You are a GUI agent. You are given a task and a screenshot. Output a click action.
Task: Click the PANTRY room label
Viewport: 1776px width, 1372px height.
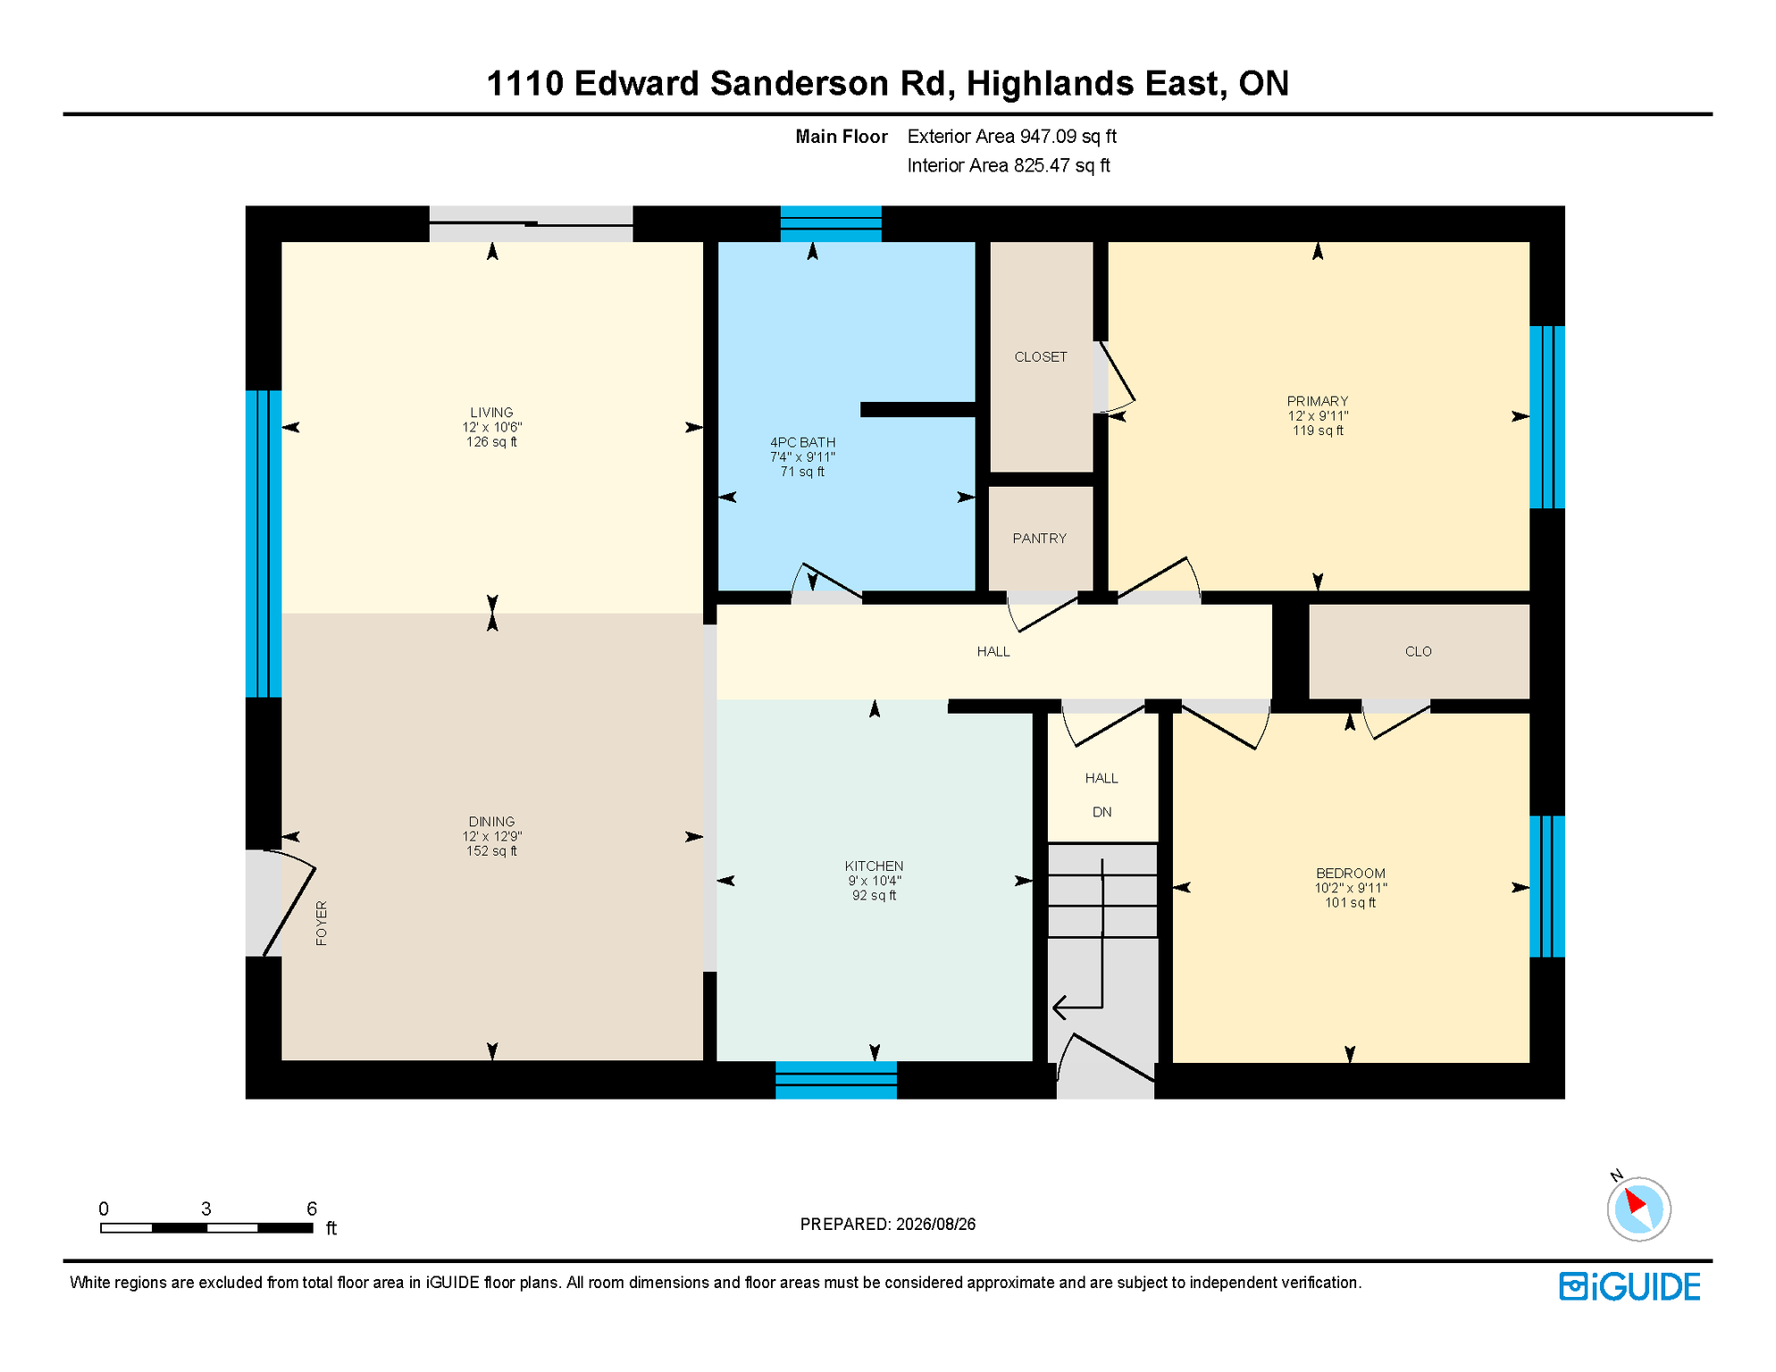(1039, 539)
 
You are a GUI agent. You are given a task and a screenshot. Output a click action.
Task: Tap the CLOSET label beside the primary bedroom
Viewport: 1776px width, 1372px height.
(1041, 357)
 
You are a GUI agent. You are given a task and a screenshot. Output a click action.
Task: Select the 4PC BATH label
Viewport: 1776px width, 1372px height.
(802, 442)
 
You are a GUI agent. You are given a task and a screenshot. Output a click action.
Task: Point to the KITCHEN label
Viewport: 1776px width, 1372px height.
(874, 866)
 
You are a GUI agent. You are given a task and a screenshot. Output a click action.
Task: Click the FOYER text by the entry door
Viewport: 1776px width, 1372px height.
(322, 924)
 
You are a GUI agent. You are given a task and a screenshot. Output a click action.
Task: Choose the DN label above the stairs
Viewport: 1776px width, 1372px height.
(1102, 812)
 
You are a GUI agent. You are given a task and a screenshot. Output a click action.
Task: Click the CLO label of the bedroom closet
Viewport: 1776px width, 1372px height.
(1419, 652)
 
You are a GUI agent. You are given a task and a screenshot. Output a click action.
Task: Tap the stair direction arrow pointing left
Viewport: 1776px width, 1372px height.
(1078, 1008)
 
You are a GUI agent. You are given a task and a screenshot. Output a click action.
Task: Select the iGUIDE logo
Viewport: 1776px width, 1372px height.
(1629, 1287)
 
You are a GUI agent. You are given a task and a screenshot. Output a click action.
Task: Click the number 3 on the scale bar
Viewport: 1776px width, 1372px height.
(205, 1209)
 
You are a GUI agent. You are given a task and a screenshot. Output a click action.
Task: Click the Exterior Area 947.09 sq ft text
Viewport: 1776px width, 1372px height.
(1011, 137)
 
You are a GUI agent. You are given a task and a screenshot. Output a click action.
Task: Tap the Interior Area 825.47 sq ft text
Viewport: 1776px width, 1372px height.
(1008, 166)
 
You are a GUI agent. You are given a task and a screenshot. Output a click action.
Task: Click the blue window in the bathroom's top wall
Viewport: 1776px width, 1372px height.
(831, 224)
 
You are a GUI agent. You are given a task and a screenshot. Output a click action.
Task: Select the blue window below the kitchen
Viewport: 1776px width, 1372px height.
(836, 1080)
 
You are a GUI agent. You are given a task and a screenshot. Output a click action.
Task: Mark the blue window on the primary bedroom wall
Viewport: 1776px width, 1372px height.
(1547, 417)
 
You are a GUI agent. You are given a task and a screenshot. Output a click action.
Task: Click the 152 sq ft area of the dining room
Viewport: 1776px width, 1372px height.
(491, 851)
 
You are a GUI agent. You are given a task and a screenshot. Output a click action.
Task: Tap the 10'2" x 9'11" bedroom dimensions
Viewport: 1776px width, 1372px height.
(1350, 888)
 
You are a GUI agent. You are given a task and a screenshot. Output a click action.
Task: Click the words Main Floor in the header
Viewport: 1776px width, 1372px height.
(842, 137)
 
